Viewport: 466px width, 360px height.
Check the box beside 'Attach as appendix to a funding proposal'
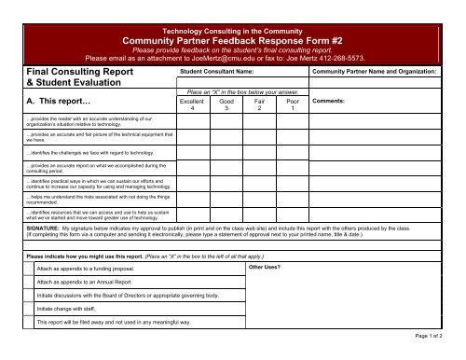(28, 268)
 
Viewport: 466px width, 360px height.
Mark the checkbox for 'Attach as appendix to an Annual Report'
(28, 281)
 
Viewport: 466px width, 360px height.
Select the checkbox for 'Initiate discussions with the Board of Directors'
(28, 294)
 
